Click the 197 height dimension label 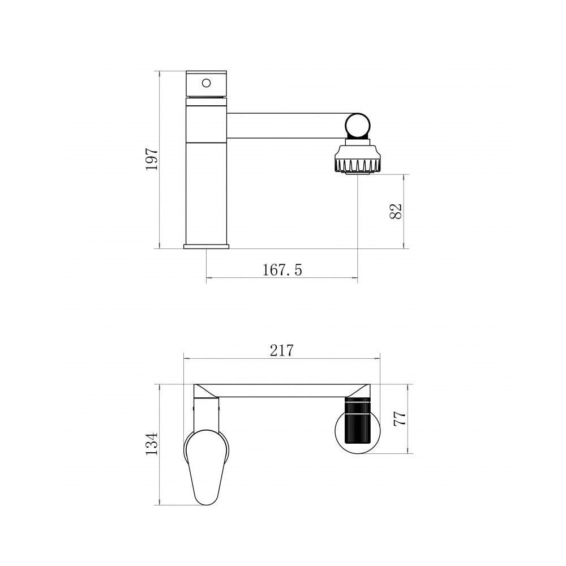click(x=152, y=159)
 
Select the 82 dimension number click(x=396, y=211)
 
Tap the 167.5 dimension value click(x=282, y=270)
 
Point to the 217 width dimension click(x=282, y=350)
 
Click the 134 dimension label click(x=152, y=444)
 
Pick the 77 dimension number click(x=400, y=419)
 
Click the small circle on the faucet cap click(x=206, y=83)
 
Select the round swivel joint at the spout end click(x=357, y=126)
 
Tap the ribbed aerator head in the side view click(x=357, y=159)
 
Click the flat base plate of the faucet click(x=207, y=247)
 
